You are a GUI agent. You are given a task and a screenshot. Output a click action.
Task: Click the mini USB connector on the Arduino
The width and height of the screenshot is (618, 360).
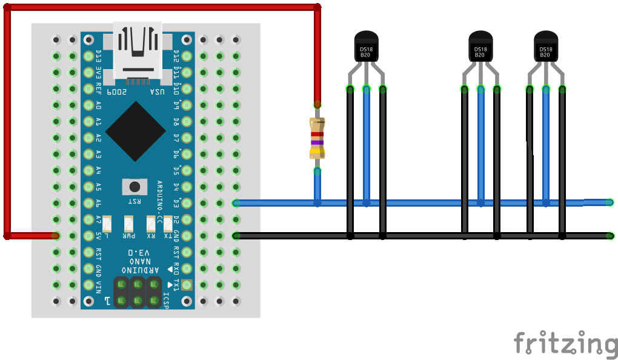[137, 52]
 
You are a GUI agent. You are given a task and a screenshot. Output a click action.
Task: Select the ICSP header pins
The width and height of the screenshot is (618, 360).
[138, 292]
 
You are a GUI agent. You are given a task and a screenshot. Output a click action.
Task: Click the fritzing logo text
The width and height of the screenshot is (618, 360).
[565, 343]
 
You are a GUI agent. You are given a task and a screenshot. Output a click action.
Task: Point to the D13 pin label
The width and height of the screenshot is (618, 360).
[98, 56]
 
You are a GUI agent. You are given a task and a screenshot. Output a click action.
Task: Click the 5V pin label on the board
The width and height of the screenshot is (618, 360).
[98, 235]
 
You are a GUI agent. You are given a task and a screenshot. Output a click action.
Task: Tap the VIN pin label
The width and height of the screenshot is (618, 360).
[98, 284]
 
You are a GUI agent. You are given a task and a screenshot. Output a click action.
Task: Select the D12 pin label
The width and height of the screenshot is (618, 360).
[176, 56]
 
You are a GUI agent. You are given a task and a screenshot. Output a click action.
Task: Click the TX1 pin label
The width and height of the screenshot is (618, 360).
[176, 284]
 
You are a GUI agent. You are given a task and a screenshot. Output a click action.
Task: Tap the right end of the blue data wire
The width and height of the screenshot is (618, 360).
[610, 202]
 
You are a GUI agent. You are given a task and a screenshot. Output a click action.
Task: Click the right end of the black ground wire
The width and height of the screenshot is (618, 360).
[610, 236]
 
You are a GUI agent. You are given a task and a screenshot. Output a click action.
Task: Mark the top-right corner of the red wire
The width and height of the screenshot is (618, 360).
[317, 7]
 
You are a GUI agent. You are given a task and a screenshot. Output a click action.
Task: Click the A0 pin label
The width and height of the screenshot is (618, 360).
[98, 105]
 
